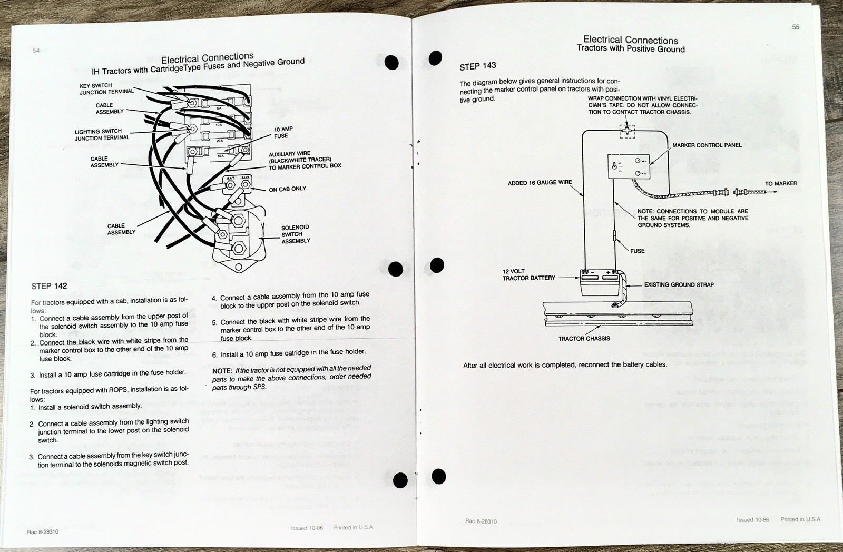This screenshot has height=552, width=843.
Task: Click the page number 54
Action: (36, 51)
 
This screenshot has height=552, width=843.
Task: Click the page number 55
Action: (796, 27)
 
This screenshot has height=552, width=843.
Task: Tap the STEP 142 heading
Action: (49, 286)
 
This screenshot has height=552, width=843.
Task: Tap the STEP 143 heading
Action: (477, 66)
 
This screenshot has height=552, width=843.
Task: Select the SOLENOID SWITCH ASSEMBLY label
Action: (296, 234)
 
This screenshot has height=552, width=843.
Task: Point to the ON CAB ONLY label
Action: (287, 189)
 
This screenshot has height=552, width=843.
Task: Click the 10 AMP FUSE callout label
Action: (283, 132)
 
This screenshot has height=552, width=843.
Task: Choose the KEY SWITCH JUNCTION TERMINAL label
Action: (106, 89)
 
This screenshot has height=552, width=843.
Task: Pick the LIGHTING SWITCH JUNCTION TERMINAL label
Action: (102, 135)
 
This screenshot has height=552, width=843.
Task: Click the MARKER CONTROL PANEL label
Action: (707, 145)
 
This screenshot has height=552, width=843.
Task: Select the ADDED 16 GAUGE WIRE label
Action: (540, 183)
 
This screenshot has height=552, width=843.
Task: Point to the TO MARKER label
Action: (781, 183)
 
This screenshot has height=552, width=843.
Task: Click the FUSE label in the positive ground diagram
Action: (637, 251)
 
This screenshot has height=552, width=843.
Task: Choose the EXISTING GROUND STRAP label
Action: (679, 285)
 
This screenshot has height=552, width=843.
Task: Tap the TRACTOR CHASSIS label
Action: (584, 339)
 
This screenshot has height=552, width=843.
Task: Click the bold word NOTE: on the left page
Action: (222, 371)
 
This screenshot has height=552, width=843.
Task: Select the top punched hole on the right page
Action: (435, 58)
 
